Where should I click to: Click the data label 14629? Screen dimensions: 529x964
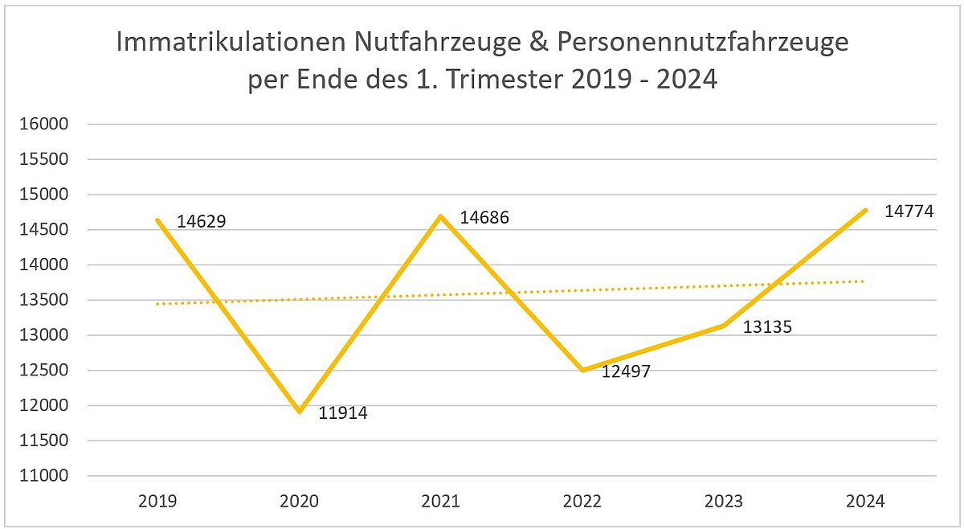(201, 221)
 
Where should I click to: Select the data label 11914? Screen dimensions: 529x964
(343, 416)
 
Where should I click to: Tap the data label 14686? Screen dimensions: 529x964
(484, 218)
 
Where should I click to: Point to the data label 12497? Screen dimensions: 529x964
(626, 371)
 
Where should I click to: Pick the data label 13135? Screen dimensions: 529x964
(767, 328)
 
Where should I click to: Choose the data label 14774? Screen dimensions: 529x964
(909, 212)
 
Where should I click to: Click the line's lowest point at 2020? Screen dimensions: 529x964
(300, 412)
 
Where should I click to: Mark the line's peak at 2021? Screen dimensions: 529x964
(441, 216)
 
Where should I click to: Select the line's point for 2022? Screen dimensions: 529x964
(582, 371)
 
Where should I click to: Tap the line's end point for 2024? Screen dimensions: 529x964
(865, 210)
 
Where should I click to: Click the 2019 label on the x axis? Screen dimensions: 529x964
(158, 502)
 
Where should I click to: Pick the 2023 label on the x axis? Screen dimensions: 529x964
(724, 502)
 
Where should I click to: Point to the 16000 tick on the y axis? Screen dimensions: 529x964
(47, 125)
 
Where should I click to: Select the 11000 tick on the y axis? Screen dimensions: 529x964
(47, 476)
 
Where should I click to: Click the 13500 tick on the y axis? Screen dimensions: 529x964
(47, 301)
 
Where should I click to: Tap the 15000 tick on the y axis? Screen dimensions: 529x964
(47, 195)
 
